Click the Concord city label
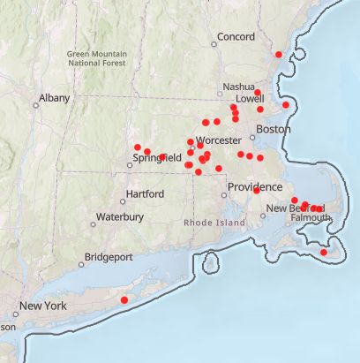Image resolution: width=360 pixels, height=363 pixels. coord(236,37)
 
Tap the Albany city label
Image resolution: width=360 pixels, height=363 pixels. coord(54,98)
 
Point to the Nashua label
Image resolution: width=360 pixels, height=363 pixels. coord(238,87)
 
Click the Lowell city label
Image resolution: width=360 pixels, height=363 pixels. coord(250,100)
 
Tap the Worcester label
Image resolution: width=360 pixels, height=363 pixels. coord(218,140)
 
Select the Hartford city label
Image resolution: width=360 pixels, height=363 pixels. coord(146,193)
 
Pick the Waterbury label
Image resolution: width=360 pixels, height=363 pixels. coord(119,216)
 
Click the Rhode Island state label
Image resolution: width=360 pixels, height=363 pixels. coord(214,223)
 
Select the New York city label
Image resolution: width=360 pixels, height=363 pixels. coord(43,306)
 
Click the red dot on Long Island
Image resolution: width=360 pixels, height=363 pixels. coord(124,300)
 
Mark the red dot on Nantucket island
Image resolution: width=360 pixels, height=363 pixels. coord(323,253)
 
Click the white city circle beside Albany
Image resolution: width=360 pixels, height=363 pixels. coord(36,105)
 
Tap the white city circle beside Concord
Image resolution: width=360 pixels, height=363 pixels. coord(214,43)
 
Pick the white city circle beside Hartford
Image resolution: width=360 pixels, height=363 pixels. coord(123,200)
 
